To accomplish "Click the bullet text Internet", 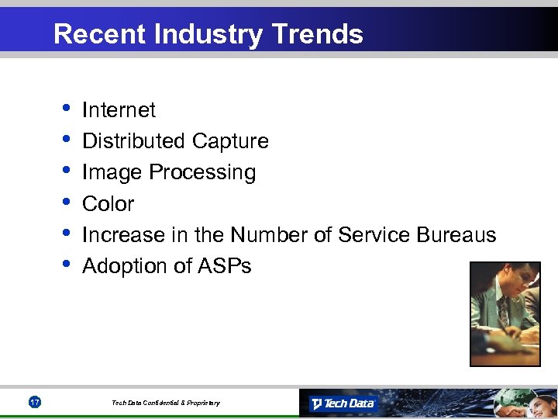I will [119, 110].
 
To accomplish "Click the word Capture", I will [230, 141].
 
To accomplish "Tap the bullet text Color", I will [108, 204].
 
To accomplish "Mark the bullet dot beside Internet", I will [65, 108].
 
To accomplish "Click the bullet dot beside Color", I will [65, 202].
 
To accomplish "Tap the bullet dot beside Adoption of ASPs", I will [65, 264].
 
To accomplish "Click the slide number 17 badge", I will [34, 402].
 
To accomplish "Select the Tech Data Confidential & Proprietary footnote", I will [165, 403].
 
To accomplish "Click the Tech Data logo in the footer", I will [343, 403].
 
